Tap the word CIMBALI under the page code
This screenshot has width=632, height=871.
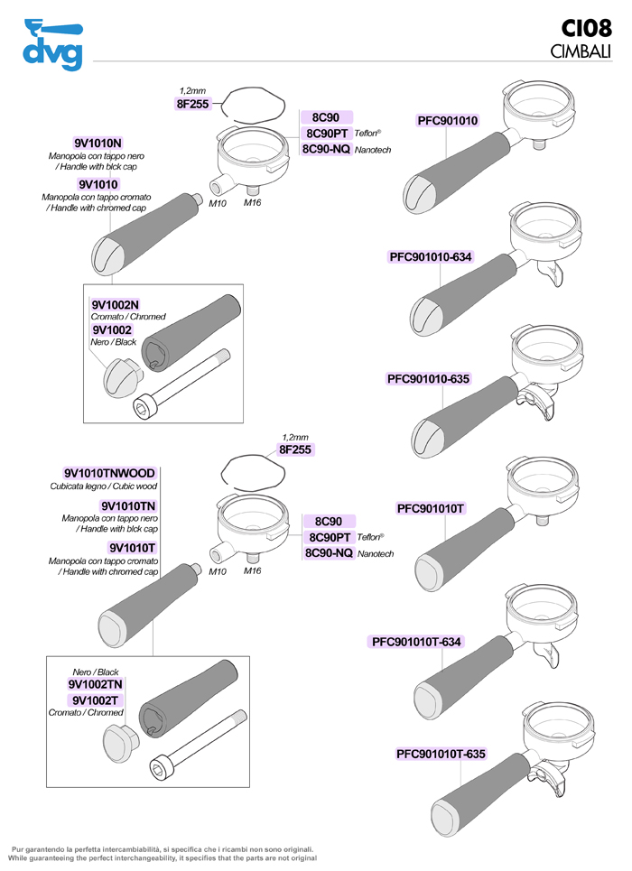pos(580,51)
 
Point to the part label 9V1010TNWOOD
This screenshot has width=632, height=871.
pos(109,473)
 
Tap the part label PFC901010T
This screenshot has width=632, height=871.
pos(431,508)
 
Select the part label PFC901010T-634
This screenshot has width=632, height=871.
pos(416,642)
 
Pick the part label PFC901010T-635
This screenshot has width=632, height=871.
pos(441,754)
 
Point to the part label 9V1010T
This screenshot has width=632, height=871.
pos(133,547)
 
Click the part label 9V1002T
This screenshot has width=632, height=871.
pos(95,700)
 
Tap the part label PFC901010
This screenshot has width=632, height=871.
pos(448,121)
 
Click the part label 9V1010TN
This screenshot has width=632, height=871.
pos(128,506)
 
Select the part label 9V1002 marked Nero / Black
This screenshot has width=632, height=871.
pos(112,330)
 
